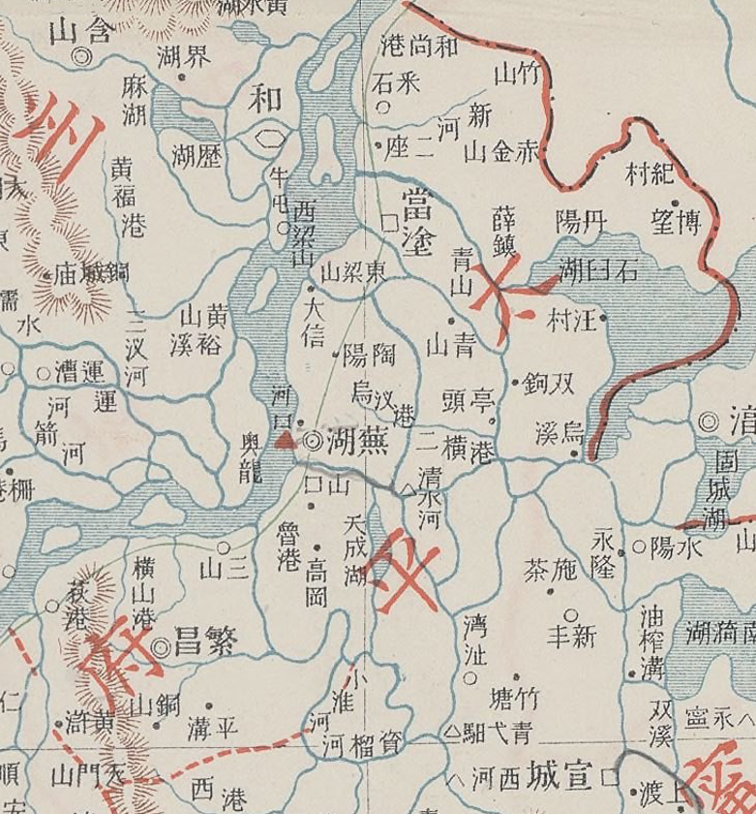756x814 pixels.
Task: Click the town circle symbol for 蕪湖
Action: (x=313, y=441)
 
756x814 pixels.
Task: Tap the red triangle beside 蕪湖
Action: (x=283, y=441)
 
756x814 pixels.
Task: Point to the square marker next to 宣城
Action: (x=610, y=776)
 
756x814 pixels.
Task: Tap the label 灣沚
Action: (x=474, y=639)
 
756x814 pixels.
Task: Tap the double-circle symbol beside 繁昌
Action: (x=160, y=646)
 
